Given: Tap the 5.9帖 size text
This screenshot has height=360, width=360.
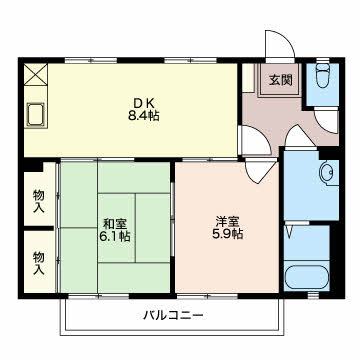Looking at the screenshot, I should pos(228,236).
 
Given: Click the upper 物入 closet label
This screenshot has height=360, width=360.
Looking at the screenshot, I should pos(39,201).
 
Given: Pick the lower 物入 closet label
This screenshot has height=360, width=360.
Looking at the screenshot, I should pos(39,262).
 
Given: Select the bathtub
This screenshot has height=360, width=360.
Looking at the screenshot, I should pos(306,278).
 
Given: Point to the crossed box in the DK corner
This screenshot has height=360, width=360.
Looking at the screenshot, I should pos(37,74).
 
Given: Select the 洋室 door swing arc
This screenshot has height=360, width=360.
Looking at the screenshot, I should pos(258,167).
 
